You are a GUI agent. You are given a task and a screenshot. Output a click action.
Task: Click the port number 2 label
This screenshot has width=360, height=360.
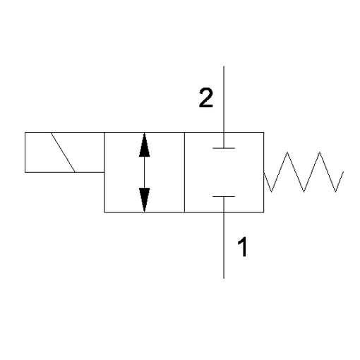pos(206,98)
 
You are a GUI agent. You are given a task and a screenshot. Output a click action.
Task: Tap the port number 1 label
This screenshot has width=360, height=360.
pos(242,247)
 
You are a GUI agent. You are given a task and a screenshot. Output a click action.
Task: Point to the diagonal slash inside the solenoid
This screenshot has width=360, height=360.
pos(63,152)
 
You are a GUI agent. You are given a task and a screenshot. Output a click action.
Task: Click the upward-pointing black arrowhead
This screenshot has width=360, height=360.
pos(144,145)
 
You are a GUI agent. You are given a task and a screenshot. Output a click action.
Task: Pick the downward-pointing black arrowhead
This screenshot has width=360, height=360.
pos(144,200)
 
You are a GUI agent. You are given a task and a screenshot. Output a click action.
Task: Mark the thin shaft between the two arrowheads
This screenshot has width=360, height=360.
pos(144,172)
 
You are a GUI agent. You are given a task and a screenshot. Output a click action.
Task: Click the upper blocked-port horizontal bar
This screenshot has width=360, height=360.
pos(224,148)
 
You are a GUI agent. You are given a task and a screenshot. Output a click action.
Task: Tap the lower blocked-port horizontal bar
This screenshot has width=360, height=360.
pos(224,196)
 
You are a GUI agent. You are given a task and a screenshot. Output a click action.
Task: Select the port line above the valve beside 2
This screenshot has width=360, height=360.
pos(224,107)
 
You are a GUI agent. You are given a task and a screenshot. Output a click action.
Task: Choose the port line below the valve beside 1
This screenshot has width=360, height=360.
pos(224,238)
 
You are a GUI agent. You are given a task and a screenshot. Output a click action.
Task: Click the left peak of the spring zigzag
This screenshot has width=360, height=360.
pos(287,152)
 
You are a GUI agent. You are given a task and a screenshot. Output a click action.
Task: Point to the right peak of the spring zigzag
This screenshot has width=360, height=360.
pos(320,152)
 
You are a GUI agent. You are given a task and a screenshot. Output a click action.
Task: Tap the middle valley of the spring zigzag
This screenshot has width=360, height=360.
pos(304,191)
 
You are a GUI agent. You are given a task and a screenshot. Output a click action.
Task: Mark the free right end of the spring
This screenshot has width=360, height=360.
pos(343,172)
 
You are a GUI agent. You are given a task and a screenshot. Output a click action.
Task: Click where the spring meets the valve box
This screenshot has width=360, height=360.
pos(264,172)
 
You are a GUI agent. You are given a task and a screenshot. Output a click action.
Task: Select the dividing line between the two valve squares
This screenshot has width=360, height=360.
pos(184,172)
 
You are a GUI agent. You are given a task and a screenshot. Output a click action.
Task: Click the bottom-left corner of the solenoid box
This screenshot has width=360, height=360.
pos(25,172)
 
